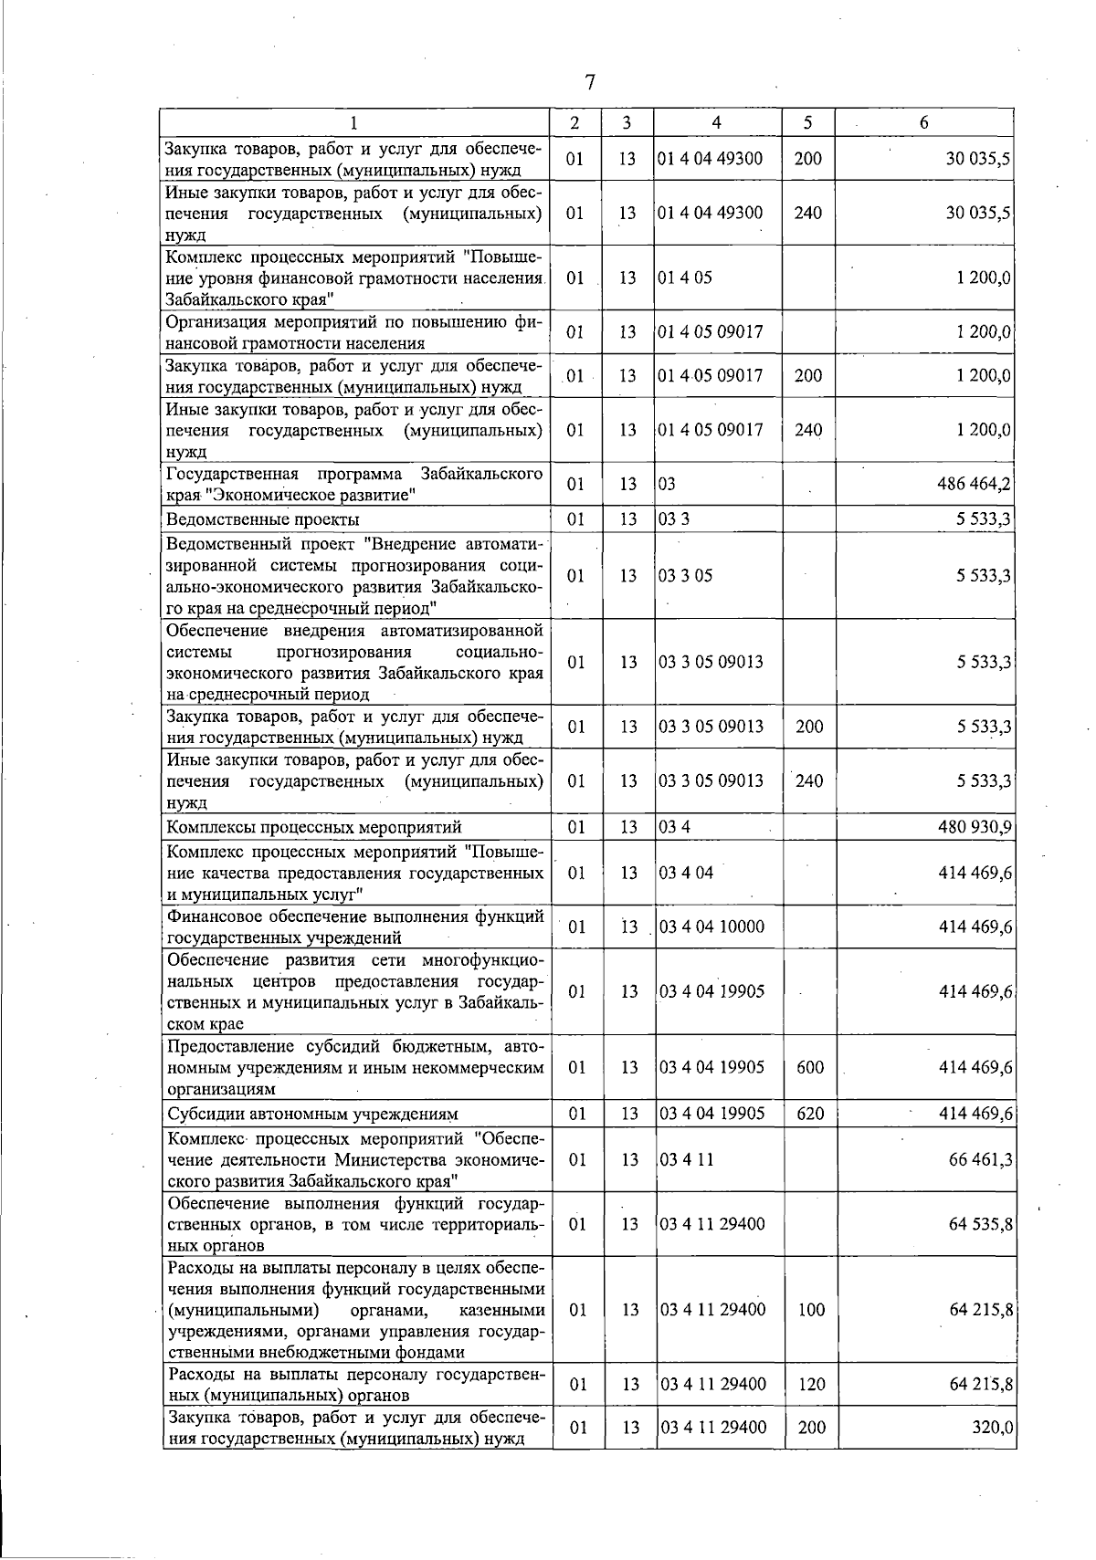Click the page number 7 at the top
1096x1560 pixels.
click(590, 83)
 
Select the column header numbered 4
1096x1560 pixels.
click(716, 123)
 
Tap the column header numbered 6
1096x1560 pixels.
click(923, 123)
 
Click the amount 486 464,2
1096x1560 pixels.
click(974, 485)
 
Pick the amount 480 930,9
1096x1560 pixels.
click(974, 828)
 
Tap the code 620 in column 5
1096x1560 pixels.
click(809, 1114)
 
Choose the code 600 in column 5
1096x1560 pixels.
click(809, 1067)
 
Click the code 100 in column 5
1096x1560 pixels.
click(811, 1310)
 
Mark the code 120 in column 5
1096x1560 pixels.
click(811, 1385)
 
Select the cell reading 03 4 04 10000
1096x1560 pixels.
click(711, 927)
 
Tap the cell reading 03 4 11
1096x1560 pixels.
click(686, 1159)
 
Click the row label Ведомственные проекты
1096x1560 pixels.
click(262, 520)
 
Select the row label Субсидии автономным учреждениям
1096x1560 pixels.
click(311, 1115)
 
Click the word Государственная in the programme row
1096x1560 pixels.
click(232, 475)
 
